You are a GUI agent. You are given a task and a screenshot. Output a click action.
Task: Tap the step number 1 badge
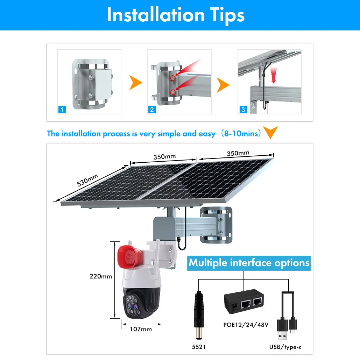tap(62, 110)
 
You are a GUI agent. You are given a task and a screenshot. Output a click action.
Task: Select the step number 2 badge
tap(152, 110)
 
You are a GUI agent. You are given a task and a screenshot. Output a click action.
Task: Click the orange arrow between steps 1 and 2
tap(135, 83)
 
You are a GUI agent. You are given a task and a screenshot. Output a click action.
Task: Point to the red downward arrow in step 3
tap(273, 77)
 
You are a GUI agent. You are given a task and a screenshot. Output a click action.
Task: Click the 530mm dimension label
tap(87, 180)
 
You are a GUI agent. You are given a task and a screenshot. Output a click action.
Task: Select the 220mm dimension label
tap(101, 276)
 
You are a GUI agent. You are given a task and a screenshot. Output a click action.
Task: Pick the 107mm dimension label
tap(141, 329)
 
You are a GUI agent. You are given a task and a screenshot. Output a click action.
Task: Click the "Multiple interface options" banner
tap(249, 263)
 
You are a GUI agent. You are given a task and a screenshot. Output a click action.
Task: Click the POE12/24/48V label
tap(246, 325)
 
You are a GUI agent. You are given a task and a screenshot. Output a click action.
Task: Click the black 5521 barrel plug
tap(199, 315)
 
